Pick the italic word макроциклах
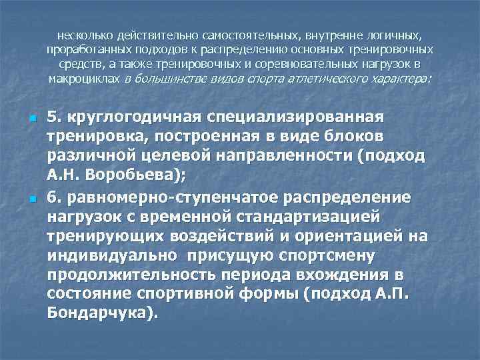[x=85, y=79]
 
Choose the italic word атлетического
[x=325, y=79]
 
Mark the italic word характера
[x=398, y=79]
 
